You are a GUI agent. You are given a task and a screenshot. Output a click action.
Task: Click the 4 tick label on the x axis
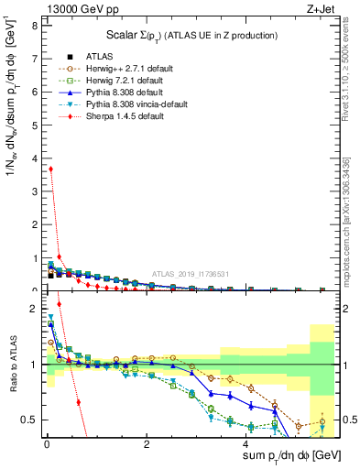point(246,444)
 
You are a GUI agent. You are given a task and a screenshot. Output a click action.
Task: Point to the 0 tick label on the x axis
point(47,444)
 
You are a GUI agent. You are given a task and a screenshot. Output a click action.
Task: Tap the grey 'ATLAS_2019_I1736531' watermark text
point(191,274)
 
